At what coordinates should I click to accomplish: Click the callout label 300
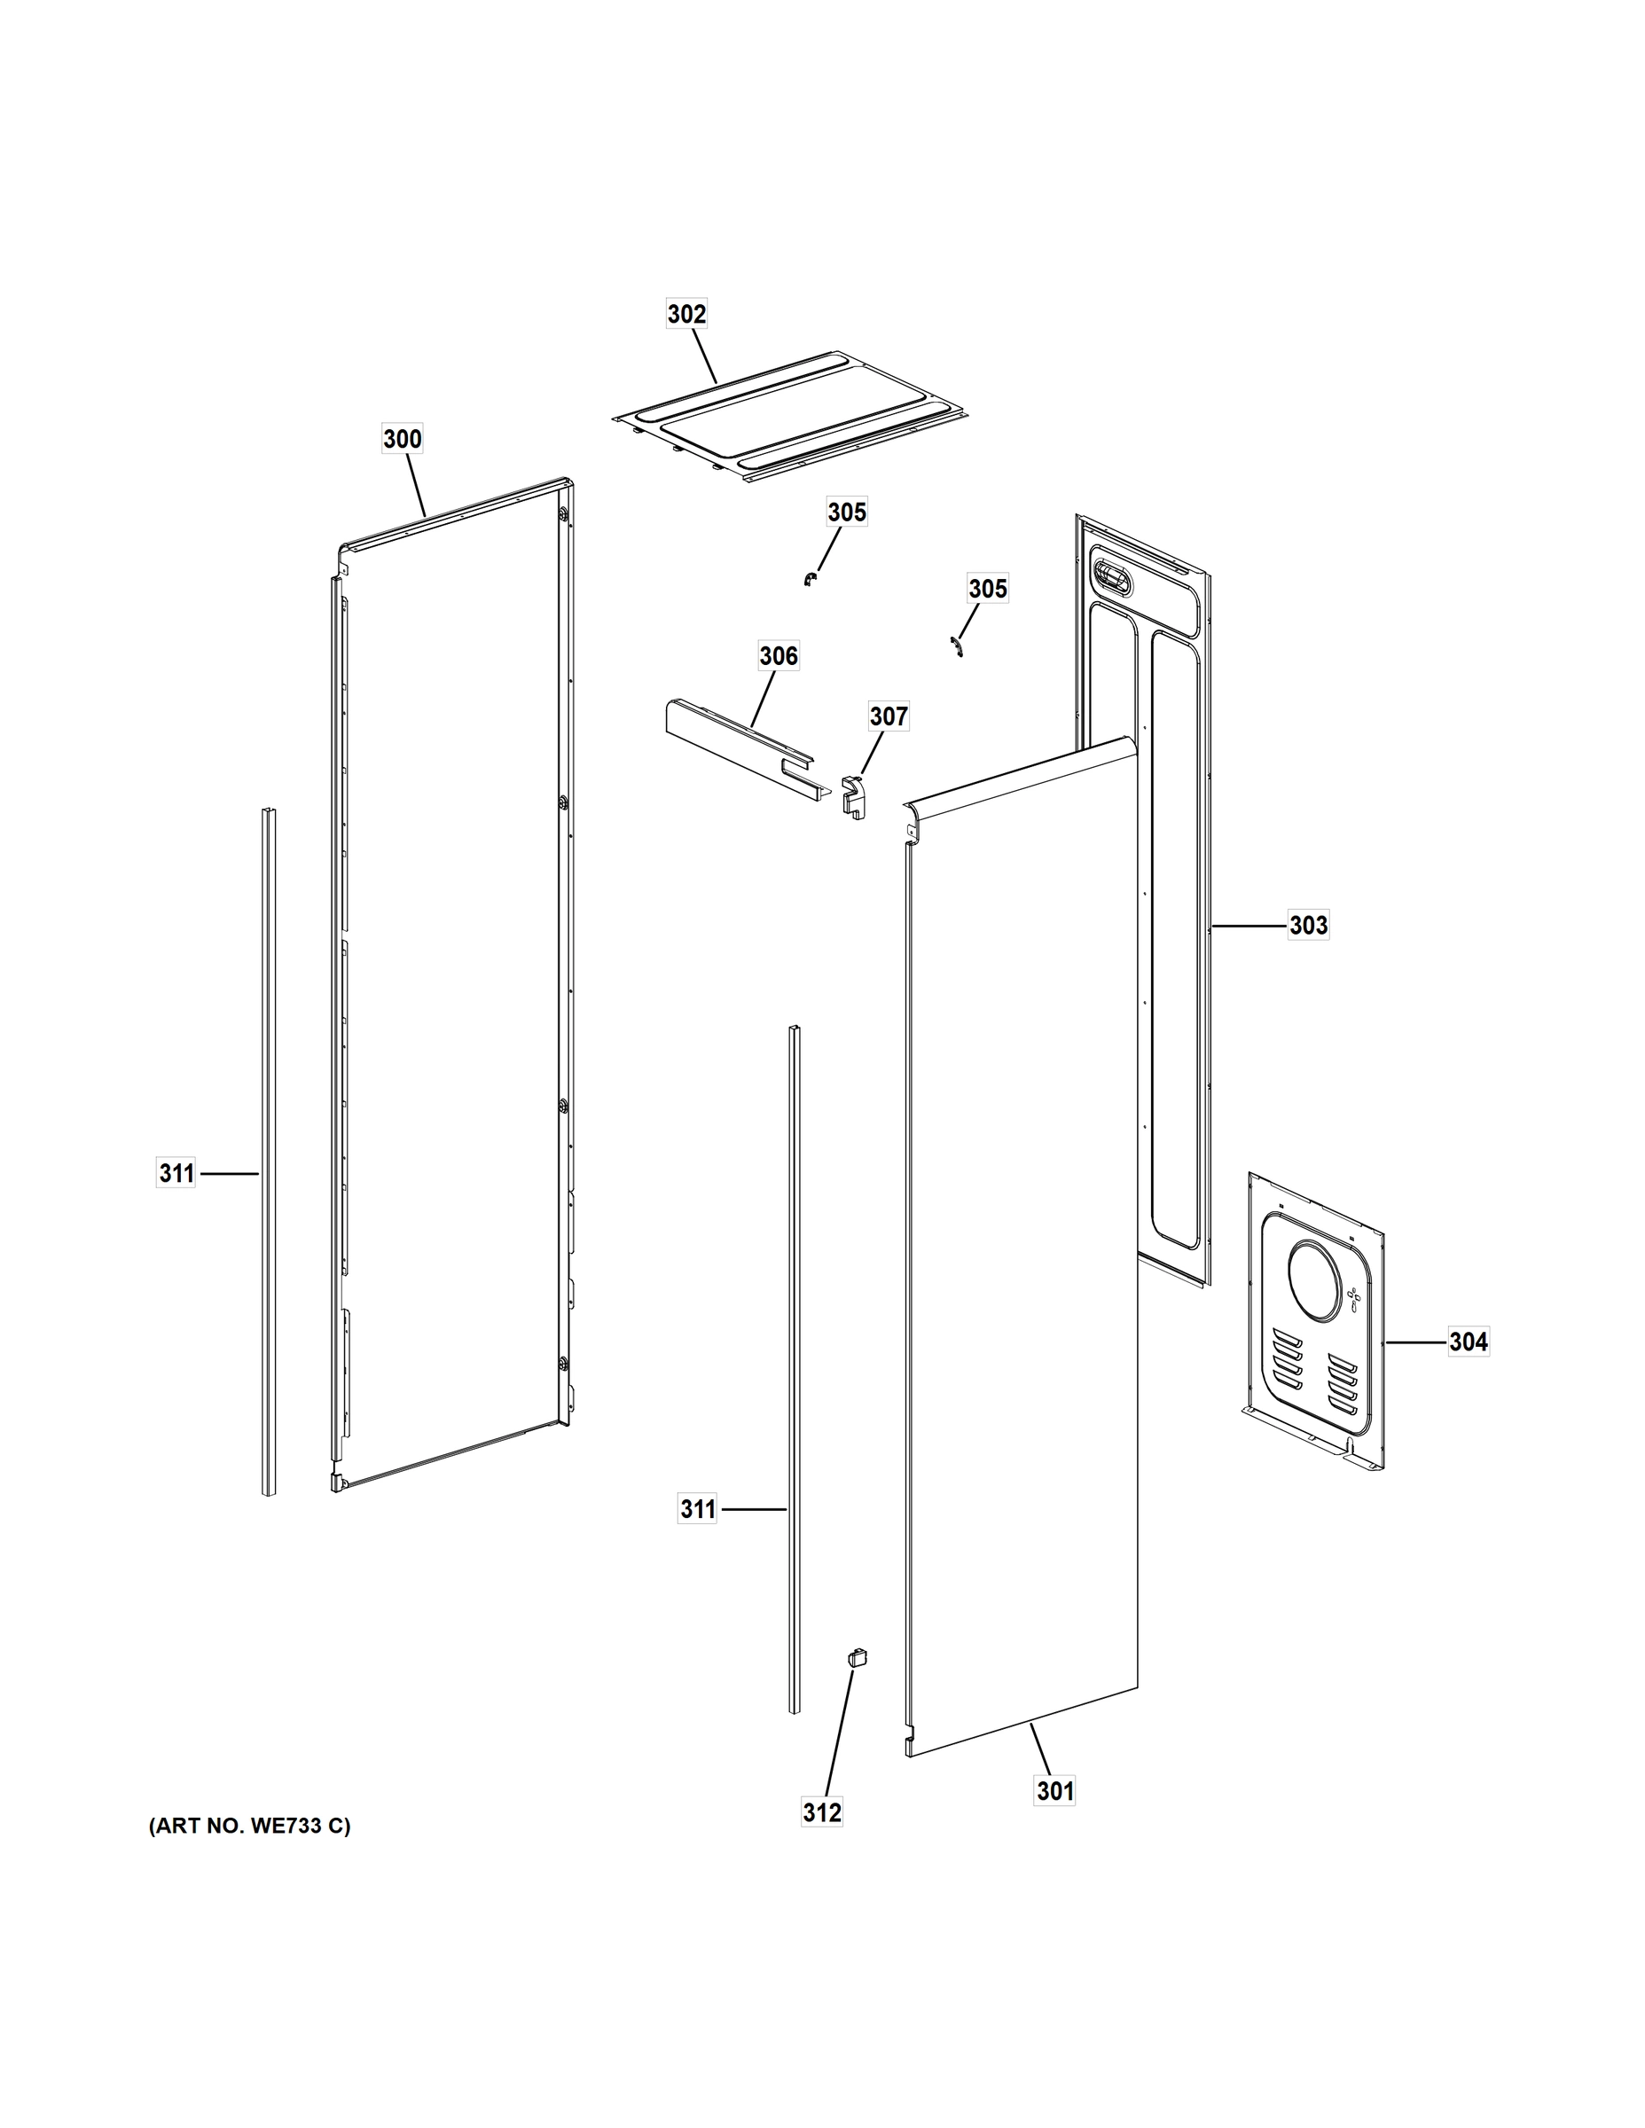[x=402, y=440]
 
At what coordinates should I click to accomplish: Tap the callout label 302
[x=686, y=314]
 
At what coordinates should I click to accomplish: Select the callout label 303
[x=1308, y=925]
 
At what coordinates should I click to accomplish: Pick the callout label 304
[x=1468, y=1342]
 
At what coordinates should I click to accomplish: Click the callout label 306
[x=778, y=656]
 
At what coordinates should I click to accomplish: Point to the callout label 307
[x=888, y=717]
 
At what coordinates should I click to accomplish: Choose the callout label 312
[x=821, y=1812]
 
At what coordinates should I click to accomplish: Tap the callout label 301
[x=1054, y=1791]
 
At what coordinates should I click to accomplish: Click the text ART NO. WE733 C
[x=249, y=1826]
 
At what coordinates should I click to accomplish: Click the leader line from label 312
[x=838, y=1731]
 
